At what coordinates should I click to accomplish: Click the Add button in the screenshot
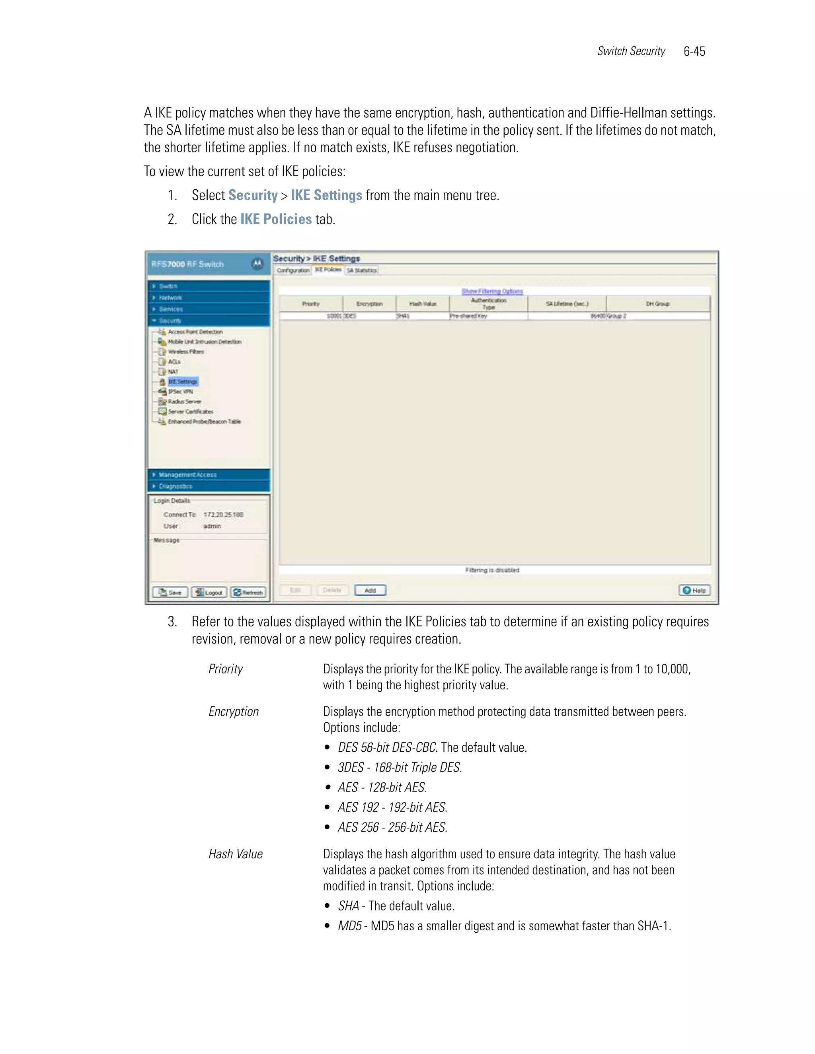tap(370, 590)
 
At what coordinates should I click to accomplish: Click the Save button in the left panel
tap(170, 592)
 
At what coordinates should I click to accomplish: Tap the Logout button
tap(209, 592)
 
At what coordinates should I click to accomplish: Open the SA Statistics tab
tap(361, 271)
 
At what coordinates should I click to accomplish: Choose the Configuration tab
tap(292, 271)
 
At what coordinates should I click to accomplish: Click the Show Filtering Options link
tap(492, 292)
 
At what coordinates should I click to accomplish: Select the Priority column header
tap(311, 304)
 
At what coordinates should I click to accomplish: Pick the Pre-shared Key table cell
tap(469, 316)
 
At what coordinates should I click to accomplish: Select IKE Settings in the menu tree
tap(183, 382)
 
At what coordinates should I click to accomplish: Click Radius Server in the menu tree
tap(184, 402)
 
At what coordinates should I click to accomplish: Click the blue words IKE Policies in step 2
tap(276, 219)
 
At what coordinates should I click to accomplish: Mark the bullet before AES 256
tap(328, 827)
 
